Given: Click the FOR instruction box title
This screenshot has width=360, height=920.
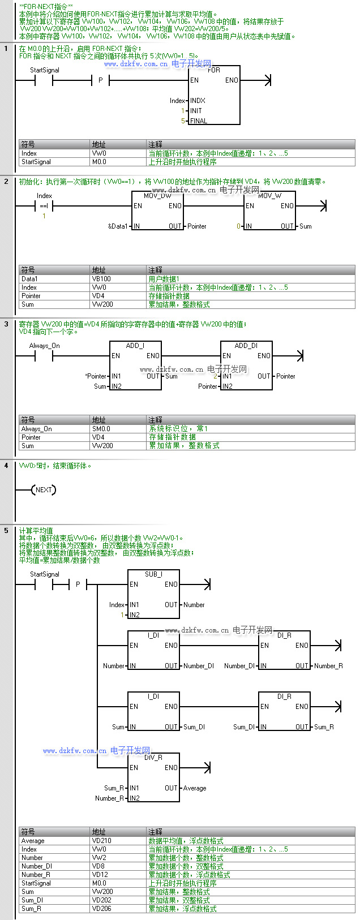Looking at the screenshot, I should point(214,70).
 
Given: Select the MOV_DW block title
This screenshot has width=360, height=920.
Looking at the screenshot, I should point(157,196).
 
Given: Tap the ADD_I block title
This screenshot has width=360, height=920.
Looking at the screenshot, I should point(135,346).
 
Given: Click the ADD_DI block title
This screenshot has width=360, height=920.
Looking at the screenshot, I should point(246,346).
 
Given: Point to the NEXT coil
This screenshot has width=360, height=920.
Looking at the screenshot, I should point(44,490).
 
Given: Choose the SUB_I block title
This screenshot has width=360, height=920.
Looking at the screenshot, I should point(153,574).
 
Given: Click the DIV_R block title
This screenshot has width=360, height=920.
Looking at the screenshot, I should point(153,758).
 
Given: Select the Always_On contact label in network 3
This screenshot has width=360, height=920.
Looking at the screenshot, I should point(44,346).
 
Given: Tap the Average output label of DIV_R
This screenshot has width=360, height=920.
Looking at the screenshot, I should point(195,788).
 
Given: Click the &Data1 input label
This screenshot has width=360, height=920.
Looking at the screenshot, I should point(118,226).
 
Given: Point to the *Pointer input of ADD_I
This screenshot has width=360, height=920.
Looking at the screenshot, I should point(96,376).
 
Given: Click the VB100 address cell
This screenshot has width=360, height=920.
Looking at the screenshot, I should point(101,279).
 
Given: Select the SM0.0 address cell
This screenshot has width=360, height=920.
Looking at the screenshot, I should point(101,429).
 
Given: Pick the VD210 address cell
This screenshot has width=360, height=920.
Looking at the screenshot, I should point(102,841).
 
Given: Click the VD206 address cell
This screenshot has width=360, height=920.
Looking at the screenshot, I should point(102,909).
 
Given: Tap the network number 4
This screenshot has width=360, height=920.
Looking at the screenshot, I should point(6,466).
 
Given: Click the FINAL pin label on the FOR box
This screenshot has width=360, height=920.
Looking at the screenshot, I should point(199,121).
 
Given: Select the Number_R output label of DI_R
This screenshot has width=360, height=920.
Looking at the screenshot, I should point(328,666).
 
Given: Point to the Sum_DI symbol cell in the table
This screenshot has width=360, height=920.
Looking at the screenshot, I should point(32,900).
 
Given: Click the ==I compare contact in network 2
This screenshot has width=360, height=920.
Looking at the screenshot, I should point(44,206).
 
